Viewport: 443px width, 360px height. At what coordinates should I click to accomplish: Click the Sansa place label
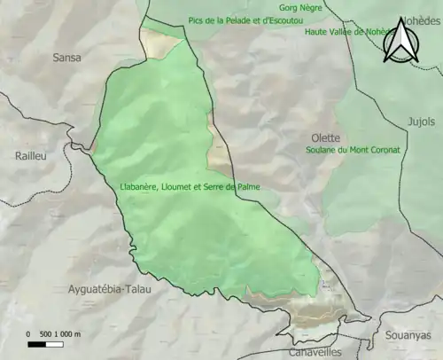[x=66, y=58]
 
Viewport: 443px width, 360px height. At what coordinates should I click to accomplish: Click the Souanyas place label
[x=408, y=335]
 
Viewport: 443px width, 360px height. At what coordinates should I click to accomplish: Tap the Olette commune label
[x=326, y=137]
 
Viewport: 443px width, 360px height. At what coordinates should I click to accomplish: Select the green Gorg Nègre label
[x=300, y=7]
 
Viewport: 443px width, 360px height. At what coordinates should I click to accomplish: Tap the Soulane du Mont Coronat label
[x=351, y=150]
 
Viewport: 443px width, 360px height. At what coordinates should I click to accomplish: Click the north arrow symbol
[x=401, y=43]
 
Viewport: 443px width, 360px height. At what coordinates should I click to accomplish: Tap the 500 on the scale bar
[x=47, y=334]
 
